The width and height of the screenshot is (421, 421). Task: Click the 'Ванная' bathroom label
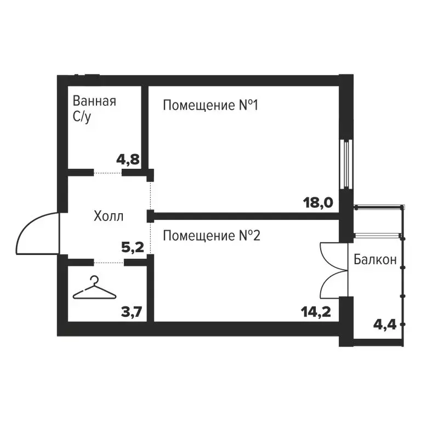pos(94,101)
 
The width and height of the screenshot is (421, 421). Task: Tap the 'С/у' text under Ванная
pos(82,117)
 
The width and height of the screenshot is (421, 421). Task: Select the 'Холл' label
pos(109,216)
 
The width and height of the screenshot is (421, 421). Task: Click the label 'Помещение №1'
pos(210,105)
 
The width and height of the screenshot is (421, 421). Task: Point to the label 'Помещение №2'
pos(212,236)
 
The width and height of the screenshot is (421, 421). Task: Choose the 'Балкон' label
pos(375,259)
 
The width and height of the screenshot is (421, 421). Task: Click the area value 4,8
pos(128,160)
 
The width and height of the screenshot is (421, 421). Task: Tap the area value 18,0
pos(318,202)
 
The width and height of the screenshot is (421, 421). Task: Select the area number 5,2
pos(133,247)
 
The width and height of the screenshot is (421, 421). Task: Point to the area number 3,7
pos(131,312)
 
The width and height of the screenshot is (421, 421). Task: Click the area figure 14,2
pos(316,312)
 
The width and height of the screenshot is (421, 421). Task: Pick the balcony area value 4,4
pos(385,325)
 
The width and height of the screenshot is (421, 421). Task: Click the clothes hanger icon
pos(94,288)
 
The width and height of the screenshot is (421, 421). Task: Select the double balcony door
pos(334,270)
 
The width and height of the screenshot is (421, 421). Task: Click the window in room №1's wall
pos(346,164)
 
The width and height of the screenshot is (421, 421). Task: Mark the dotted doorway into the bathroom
pos(108,173)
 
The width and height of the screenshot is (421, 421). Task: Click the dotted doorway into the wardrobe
pos(109,263)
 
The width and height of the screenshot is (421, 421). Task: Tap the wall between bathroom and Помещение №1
pos(145,128)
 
